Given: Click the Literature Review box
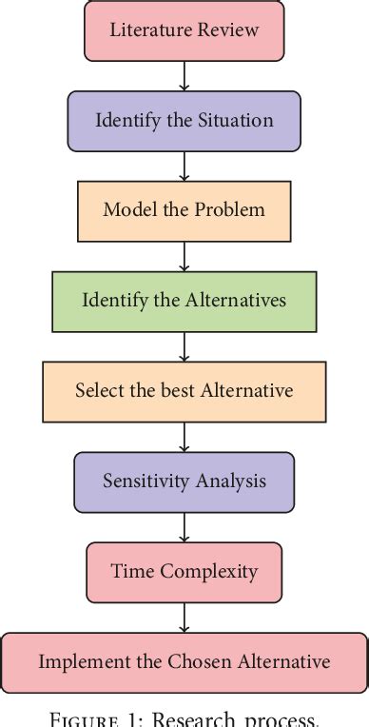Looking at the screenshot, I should click(184, 29).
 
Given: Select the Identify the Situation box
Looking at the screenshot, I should click(184, 121).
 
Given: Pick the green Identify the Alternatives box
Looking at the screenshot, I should click(184, 301).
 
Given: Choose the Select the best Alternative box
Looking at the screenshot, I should click(184, 391).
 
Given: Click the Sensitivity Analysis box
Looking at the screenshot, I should click(184, 481).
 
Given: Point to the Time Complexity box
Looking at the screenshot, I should click(184, 572).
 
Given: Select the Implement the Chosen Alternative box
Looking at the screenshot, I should click(184, 661).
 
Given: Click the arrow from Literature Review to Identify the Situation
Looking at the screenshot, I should click(184, 75).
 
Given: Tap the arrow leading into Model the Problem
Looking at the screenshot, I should click(184, 166).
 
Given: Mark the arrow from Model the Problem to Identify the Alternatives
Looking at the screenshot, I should click(184, 256).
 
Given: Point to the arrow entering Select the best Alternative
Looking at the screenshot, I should click(184, 346).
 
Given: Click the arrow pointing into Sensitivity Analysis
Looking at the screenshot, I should click(184, 437).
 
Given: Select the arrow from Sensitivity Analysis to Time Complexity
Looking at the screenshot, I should click(184, 527).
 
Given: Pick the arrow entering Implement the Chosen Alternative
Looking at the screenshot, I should click(184, 618).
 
